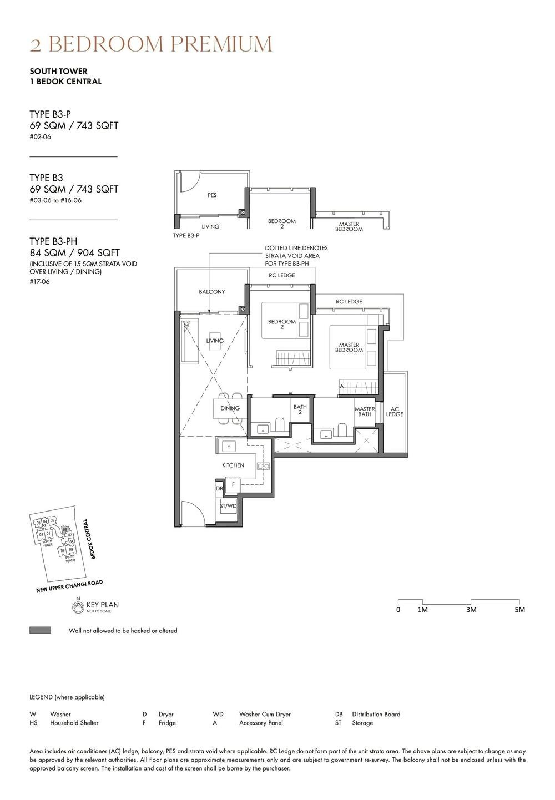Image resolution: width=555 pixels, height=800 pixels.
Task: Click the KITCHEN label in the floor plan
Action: [x=233, y=465]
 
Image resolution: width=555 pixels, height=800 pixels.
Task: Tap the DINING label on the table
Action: [x=230, y=408]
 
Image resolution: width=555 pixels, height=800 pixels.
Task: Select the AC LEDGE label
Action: [x=395, y=411]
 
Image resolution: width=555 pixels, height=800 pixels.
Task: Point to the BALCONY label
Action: [x=212, y=292]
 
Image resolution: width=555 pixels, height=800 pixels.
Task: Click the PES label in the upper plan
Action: [x=212, y=195]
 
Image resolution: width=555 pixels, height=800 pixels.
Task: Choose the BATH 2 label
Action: [x=300, y=409]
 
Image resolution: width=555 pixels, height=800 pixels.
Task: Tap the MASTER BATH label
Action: [x=365, y=412]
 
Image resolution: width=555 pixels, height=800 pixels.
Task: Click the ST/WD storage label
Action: [x=228, y=506]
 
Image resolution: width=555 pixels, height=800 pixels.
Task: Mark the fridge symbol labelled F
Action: [x=233, y=484]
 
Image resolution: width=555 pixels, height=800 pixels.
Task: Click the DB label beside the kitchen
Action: [x=219, y=489]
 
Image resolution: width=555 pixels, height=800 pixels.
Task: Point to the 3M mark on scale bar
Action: [x=471, y=610]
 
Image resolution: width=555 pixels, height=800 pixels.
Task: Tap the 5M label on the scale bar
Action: [x=519, y=610]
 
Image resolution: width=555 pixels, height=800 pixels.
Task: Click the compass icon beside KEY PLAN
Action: [x=78, y=608]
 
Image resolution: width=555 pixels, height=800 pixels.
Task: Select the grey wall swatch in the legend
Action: [x=40, y=630]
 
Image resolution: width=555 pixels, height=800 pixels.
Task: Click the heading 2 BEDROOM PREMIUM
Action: [x=151, y=44]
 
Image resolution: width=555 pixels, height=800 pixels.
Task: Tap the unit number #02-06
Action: [x=40, y=137]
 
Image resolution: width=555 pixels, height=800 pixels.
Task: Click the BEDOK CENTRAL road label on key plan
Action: [x=88, y=539]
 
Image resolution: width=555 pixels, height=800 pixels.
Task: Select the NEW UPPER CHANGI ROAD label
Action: [x=69, y=586]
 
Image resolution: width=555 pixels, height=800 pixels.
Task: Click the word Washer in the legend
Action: [x=60, y=714]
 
